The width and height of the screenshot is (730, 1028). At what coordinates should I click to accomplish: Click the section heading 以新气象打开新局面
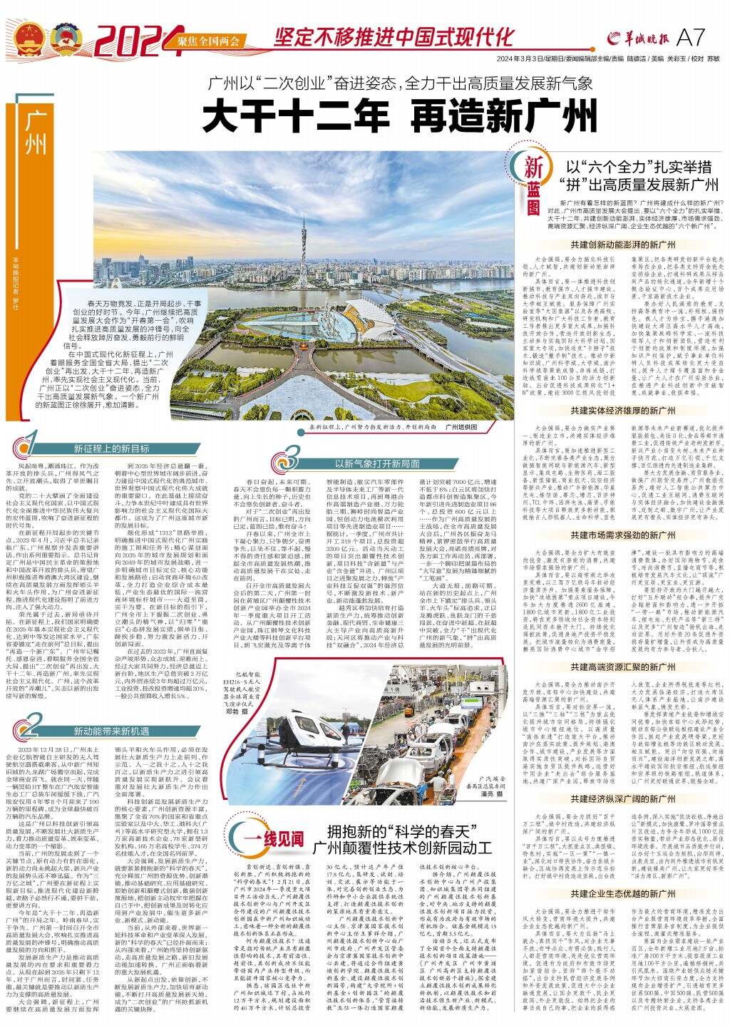pyautogui.click(x=377, y=463)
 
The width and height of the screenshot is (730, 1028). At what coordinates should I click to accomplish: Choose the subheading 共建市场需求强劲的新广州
pyautogui.click(x=622, y=533)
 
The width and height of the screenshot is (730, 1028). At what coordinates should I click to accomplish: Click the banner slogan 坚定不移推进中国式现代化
pyautogui.click(x=394, y=36)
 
